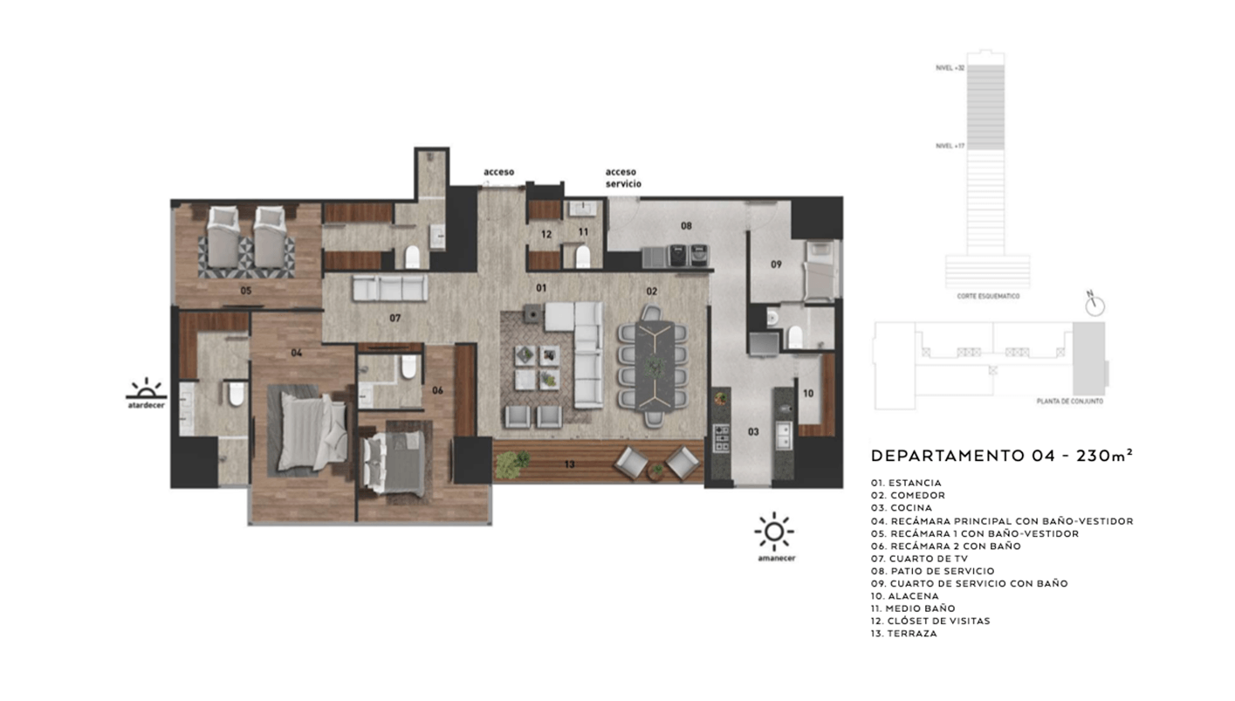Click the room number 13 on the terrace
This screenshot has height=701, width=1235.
click(x=569, y=464)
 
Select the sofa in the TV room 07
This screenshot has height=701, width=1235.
click(x=389, y=287)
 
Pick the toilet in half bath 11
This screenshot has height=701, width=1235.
click(x=583, y=257)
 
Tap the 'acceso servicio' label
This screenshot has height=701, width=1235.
click(x=623, y=178)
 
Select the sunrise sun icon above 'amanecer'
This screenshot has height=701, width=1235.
click(x=774, y=532)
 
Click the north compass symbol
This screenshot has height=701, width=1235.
click(x=1095, y=305)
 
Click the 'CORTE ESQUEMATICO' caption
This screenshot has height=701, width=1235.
click(x=986, y=296)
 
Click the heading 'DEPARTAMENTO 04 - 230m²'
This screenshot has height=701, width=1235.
click(x=1002, y=456)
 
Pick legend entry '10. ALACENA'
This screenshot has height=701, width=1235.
click(x=905, y=596)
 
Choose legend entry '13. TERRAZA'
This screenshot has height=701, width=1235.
click(x=904, y=634)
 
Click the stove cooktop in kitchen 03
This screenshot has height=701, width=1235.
click(x=721, y=437)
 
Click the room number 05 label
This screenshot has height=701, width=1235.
click(x=246, y=290)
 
